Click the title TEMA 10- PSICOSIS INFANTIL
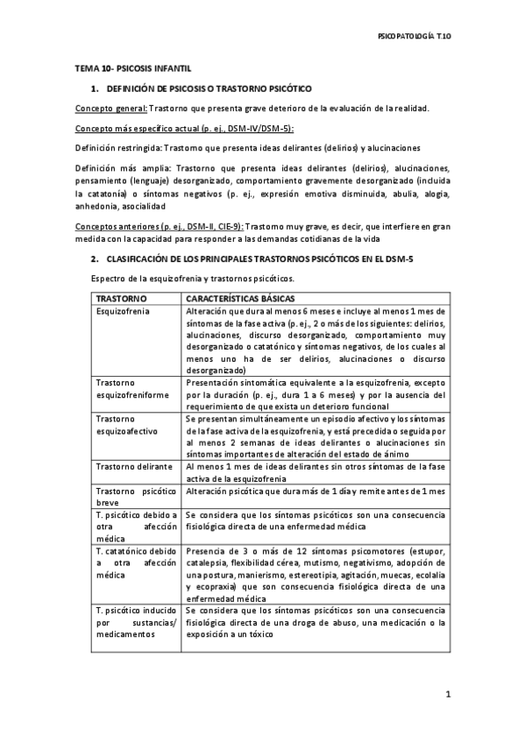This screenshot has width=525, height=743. coord(133,68)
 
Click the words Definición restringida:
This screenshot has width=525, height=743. coord(118,148)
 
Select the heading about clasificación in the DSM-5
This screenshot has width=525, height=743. coord(259,259)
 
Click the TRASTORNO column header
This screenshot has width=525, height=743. coord(120,299)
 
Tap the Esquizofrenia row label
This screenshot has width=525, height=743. coord(122,311)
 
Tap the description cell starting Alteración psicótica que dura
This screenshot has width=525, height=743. coord(315,492)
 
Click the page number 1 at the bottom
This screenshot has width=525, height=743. coord(447,694)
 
